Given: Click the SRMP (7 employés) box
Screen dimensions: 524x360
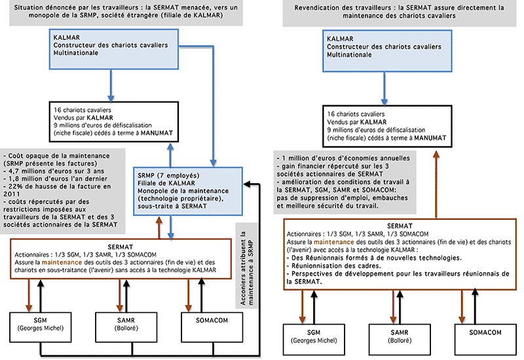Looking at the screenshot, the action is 188,191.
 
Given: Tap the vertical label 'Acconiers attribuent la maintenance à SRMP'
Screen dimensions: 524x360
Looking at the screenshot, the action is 247,268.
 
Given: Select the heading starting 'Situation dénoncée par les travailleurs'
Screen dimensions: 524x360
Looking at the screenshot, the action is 126,11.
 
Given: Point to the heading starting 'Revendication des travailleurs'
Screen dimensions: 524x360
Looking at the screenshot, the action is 399,12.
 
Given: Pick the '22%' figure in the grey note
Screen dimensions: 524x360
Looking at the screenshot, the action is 16,187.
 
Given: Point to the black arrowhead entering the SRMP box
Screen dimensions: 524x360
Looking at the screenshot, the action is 247,184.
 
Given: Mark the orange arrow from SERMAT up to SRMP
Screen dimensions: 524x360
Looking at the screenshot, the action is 159,227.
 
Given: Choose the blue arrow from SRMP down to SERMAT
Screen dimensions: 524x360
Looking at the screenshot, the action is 171,227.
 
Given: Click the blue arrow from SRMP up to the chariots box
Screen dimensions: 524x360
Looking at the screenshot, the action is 170,155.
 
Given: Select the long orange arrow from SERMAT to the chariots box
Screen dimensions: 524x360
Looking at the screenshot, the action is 436,185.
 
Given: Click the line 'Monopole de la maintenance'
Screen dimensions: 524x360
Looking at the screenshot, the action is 183,190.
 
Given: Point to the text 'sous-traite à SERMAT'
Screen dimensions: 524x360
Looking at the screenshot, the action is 172,206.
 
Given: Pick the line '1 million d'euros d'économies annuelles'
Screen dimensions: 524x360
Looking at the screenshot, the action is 343,158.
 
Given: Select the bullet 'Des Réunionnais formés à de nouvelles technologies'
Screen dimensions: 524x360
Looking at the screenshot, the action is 374,258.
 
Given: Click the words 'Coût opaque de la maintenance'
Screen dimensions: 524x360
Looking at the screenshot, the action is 59,156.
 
